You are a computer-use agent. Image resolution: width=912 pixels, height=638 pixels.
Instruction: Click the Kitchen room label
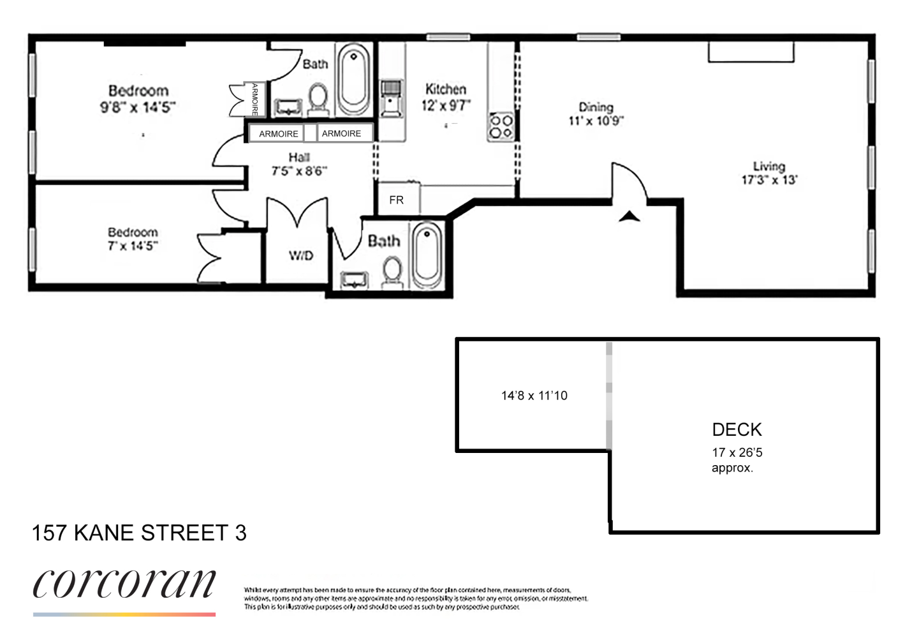tap(446, 89)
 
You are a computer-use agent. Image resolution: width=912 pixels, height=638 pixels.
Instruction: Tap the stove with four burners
tap(501, 126)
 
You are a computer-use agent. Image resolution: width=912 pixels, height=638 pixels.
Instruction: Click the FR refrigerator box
tap(397, 200)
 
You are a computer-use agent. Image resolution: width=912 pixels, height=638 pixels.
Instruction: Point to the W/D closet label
tap(301, 256)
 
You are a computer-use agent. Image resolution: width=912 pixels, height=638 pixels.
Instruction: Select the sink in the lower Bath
tap(355, 279)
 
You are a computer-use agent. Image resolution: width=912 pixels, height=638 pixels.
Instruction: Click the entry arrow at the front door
tap(629, 216)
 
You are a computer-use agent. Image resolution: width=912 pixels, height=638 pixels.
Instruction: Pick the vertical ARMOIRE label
tap(255, 100)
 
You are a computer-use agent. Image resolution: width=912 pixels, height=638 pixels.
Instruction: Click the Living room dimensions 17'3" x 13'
tap(769, 180)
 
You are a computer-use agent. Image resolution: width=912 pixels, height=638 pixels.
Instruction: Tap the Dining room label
tap(596, 107)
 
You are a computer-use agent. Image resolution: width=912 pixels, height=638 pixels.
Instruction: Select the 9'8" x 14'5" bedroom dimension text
tap(138, 107)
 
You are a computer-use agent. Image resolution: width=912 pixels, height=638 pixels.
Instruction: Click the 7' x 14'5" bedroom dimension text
tap(133, 246)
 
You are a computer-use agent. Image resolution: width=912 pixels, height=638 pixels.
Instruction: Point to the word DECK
tap(737, 429)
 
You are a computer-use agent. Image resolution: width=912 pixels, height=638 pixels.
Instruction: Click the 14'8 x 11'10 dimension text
tap(534, 396)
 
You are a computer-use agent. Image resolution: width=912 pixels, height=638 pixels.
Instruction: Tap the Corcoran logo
tap(124, 584)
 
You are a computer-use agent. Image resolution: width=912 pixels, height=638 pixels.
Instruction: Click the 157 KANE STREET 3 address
tap(139, 533)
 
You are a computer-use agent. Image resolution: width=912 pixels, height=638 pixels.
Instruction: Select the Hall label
tap(299, 158)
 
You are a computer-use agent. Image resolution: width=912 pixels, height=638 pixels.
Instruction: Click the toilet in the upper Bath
tap(317, 101)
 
